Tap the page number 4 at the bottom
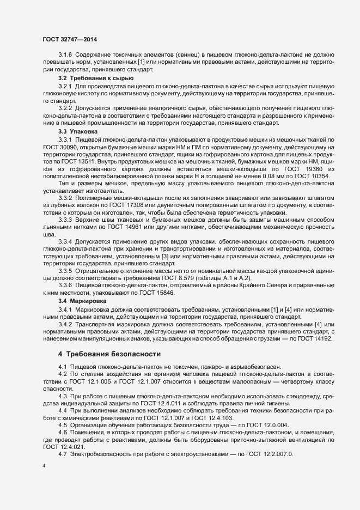pyautogui.click(x=44, y=467)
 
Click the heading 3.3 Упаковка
pyautogui.click(x=78, y=132)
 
